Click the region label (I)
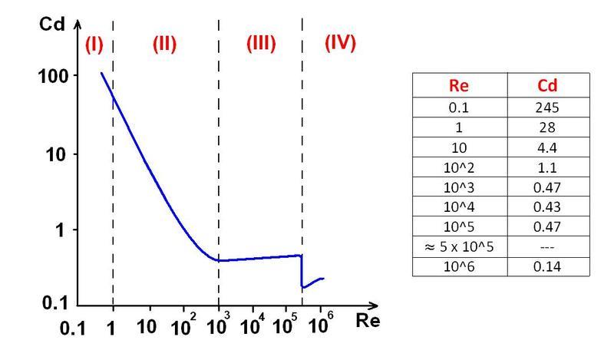(x=93, y=45)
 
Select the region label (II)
(x=163, y=45)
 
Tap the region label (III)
(x=260, y=44)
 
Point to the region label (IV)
(x=340, y=43)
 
